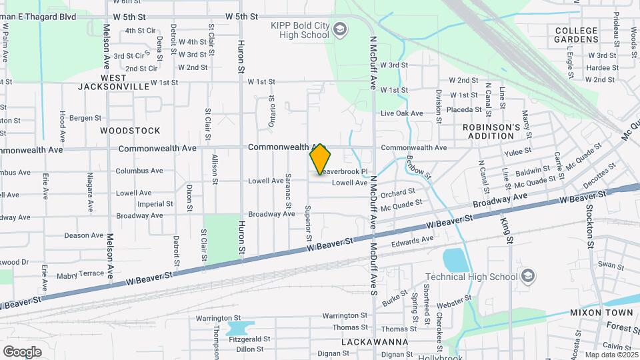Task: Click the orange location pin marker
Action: [320, 159]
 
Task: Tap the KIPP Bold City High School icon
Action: [339, 29]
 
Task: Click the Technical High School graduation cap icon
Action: [527, 276]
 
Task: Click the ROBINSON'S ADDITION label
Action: [491, 131]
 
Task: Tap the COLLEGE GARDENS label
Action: [576, 35]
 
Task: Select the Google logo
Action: [22, 351]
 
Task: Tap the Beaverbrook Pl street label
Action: [345, 171]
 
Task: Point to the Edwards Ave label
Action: [412, 240]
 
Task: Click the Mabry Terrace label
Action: [81, 273]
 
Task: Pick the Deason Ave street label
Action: [84, 235]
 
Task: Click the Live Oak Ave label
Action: [402, 113]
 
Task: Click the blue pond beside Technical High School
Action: [455, 259]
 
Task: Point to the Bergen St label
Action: [85, 118]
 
